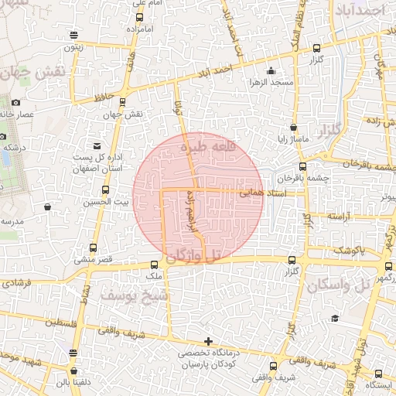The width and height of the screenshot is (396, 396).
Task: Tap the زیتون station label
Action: click(73, 46)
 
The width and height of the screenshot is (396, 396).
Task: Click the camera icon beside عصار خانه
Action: click(16, 103)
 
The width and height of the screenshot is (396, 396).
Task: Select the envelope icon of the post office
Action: click(96, 145)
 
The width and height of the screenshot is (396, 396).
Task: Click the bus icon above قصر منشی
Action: click(94, 247)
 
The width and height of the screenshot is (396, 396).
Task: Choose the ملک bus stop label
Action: click(153, 275)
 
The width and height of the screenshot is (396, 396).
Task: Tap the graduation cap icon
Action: click(335, 318)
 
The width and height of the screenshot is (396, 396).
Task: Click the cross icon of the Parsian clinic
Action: click(207, 341)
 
